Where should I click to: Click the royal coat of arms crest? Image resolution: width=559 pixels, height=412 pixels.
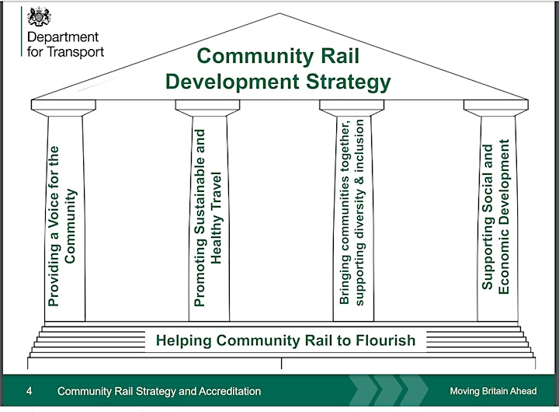point(40,17)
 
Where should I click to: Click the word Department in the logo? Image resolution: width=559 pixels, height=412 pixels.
point(63,37)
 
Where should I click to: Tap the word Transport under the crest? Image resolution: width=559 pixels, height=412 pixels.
point(75,52)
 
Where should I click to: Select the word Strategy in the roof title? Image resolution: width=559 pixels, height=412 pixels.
point(349,82)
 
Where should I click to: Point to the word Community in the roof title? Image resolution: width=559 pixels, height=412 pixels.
point(255,56)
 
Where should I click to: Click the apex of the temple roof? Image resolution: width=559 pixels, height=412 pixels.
point(279,13)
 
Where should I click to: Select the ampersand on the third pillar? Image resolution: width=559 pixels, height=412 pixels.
point(359,179)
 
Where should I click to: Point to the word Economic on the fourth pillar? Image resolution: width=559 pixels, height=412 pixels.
point(504,262)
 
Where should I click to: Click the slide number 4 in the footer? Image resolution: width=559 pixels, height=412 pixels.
point(30,391)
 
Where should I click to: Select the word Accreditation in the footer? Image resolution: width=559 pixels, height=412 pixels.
point(230,391)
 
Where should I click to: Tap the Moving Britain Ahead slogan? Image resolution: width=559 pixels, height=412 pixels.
point(493,391)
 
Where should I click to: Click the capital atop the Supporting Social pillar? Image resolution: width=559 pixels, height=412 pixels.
point(496,108)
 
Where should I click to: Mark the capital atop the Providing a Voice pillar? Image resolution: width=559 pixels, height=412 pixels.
point(64,108)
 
